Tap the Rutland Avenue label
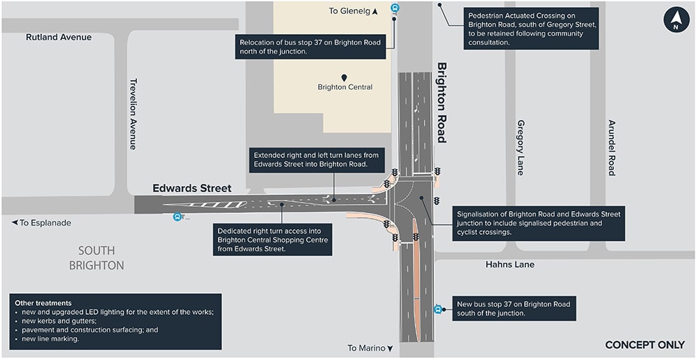(x=58, y=37)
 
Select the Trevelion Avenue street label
(x=133, y=114)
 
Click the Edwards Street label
(x=192, y=189)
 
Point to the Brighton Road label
(x=441, y=102)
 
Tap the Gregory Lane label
(x=521, y=148)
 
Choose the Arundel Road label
(x=612, y=148)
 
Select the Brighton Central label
(x=345, y=87)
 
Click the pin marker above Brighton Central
(x=344, y=77)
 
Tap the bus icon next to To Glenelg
(x=395, y=9)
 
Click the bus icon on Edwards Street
(x=177, y=217)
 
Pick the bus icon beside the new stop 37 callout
(x=438, y=309)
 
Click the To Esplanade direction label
(x=41, y=223)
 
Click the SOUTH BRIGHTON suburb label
(x=97, y=258)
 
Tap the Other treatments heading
(x=43, y=303)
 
